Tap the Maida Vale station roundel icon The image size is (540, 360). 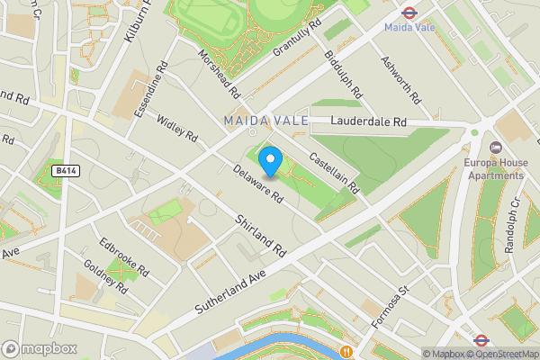pos(408,13)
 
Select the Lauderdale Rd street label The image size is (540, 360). pos(369,121)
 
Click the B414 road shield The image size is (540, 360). pos(63,169)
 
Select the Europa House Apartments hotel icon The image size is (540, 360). pos(494,147)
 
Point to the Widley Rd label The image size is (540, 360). pos(177,127)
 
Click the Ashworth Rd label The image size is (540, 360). pos(400,76)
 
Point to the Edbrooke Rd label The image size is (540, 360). pos(124,257)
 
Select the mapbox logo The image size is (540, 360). pos(38,347)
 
